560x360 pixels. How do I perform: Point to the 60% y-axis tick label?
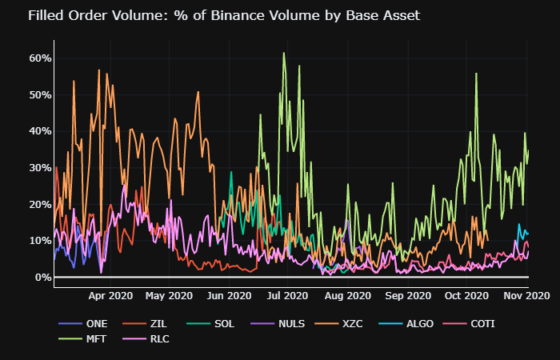click(x=41, y=58)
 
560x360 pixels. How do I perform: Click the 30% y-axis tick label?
click(x=41, y=168)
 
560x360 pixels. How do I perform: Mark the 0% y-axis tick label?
click(x=44, y=278)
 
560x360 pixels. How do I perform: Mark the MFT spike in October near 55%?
click(x=476, y=74)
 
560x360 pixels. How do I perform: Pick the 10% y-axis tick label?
click(x=41, y=241)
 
